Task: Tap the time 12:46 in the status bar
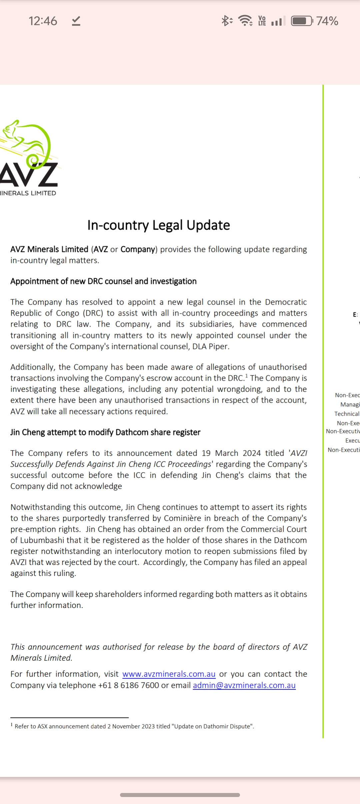pyautogui.click(x=43, y=21)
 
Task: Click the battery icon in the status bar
pyautogui.click(x=302, y=21)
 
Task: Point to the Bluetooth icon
pyautogui.click(x=226, y=21)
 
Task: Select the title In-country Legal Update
pyautogui.click(x=159, y=225)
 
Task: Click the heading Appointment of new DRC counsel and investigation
pyautogui.click(x=103, y=281)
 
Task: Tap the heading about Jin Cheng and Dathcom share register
pyautogui.click(x=105, y=432)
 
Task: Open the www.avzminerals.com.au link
pyautogui.click(x=169, y=674)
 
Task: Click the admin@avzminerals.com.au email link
pyautogui.click(x=244, y=685)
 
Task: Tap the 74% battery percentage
pyautogui.click(x=327, y=21)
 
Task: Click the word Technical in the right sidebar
pyautogui.click(x=347, y=414)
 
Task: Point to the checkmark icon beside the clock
pyautogui.click(x=76, y=21)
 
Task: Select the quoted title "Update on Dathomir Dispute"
pyautogui.click(x=212, y=726)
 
